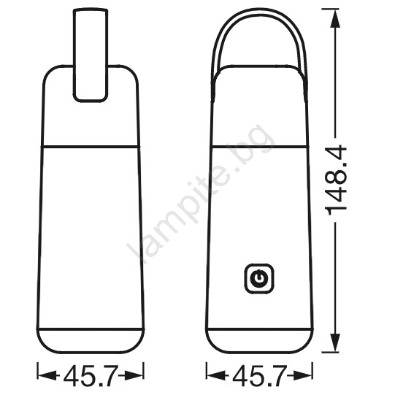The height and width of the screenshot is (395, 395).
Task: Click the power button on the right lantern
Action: [x=259, y=279]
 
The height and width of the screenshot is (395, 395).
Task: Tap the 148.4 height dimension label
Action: [x=336, y=180]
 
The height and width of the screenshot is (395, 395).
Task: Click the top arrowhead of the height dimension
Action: [x=335, y=18]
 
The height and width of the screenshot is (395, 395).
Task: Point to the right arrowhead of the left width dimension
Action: [x=134, y=375]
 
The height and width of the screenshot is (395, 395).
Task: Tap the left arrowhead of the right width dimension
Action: [x=216, y=375]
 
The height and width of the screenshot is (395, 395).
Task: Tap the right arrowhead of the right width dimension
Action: [x=303, y=375]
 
